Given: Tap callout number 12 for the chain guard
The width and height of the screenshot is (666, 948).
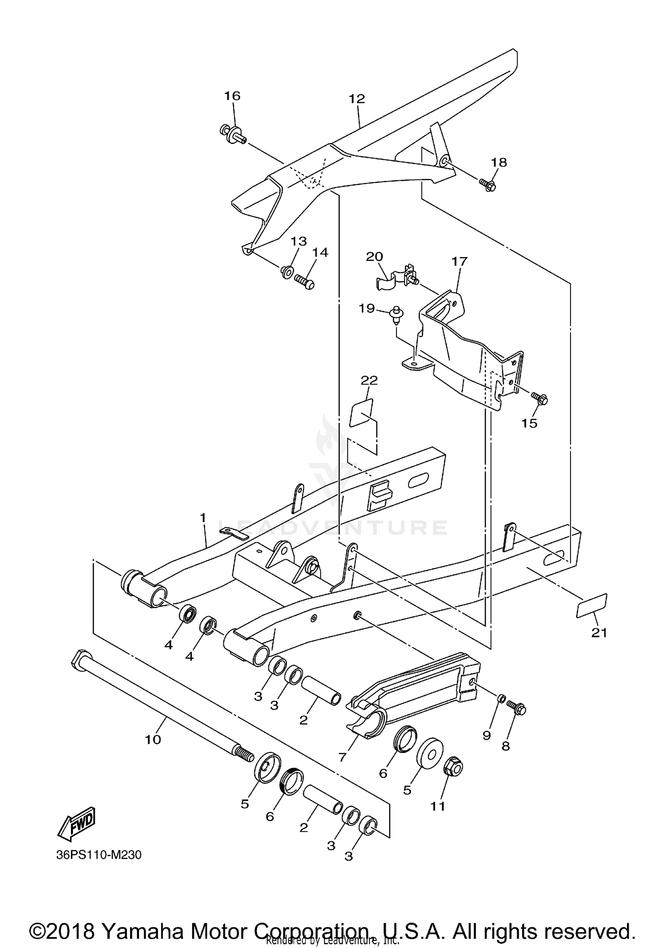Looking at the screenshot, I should pyautogui.click(x=357, y=99).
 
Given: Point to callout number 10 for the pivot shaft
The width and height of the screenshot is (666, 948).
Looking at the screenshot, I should pyautogui.click(x=153, y=740).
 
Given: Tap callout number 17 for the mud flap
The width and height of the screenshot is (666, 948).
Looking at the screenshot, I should pyautogui.click(x=460, y=261).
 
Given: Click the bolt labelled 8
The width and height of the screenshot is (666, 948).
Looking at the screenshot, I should pyautogui.click(x=516, y=708).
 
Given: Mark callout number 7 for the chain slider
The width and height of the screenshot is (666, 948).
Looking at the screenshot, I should pyautogui.click(x=341, y=757).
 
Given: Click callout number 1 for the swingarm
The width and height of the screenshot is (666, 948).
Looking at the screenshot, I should pyautogui.click(x=202, y=518).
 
